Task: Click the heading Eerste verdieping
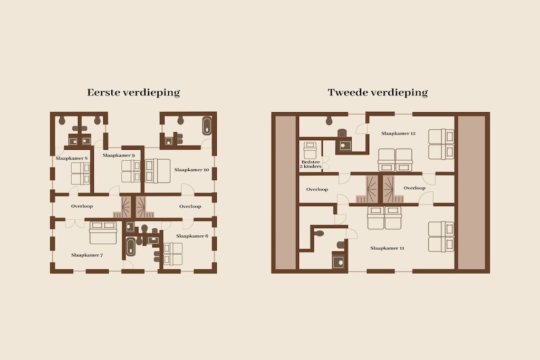click(133, 93)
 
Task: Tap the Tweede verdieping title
click(378, 93)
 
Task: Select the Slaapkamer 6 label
click(192, 236)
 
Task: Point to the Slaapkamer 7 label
click(87, 255)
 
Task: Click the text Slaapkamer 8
click(72, 158)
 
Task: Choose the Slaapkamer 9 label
click(119, 155)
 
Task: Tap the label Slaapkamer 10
click(191, 170)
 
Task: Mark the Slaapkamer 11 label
click(387, 248)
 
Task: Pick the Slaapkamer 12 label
click(399, 133)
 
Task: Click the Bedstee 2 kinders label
click(311, 164)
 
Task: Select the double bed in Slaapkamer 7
click(103, 232)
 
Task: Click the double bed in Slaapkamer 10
click(158, 171)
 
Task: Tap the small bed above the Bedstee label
click(310, 150)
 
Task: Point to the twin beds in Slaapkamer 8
click(81, 173)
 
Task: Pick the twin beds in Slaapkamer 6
click(173, 254)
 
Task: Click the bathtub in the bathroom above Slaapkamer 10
click(207, 127)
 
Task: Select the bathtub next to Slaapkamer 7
click(131, 247)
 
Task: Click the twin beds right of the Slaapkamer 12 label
click(441, 144)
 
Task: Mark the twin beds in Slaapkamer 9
click(131, 171)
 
